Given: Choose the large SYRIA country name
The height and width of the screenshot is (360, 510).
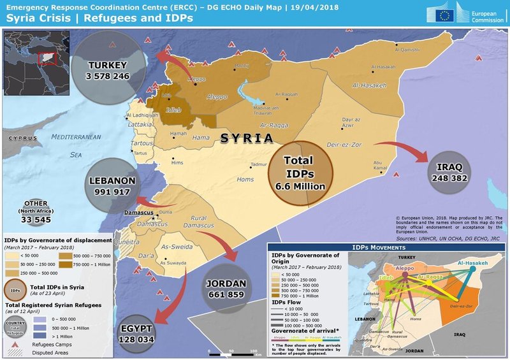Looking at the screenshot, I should coord(247,138).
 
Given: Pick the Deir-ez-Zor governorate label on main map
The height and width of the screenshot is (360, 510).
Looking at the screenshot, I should coord(345,145).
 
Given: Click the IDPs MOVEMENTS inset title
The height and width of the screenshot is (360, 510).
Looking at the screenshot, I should coord(386,247).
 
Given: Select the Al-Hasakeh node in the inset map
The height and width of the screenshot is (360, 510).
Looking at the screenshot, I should coord(472,263).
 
